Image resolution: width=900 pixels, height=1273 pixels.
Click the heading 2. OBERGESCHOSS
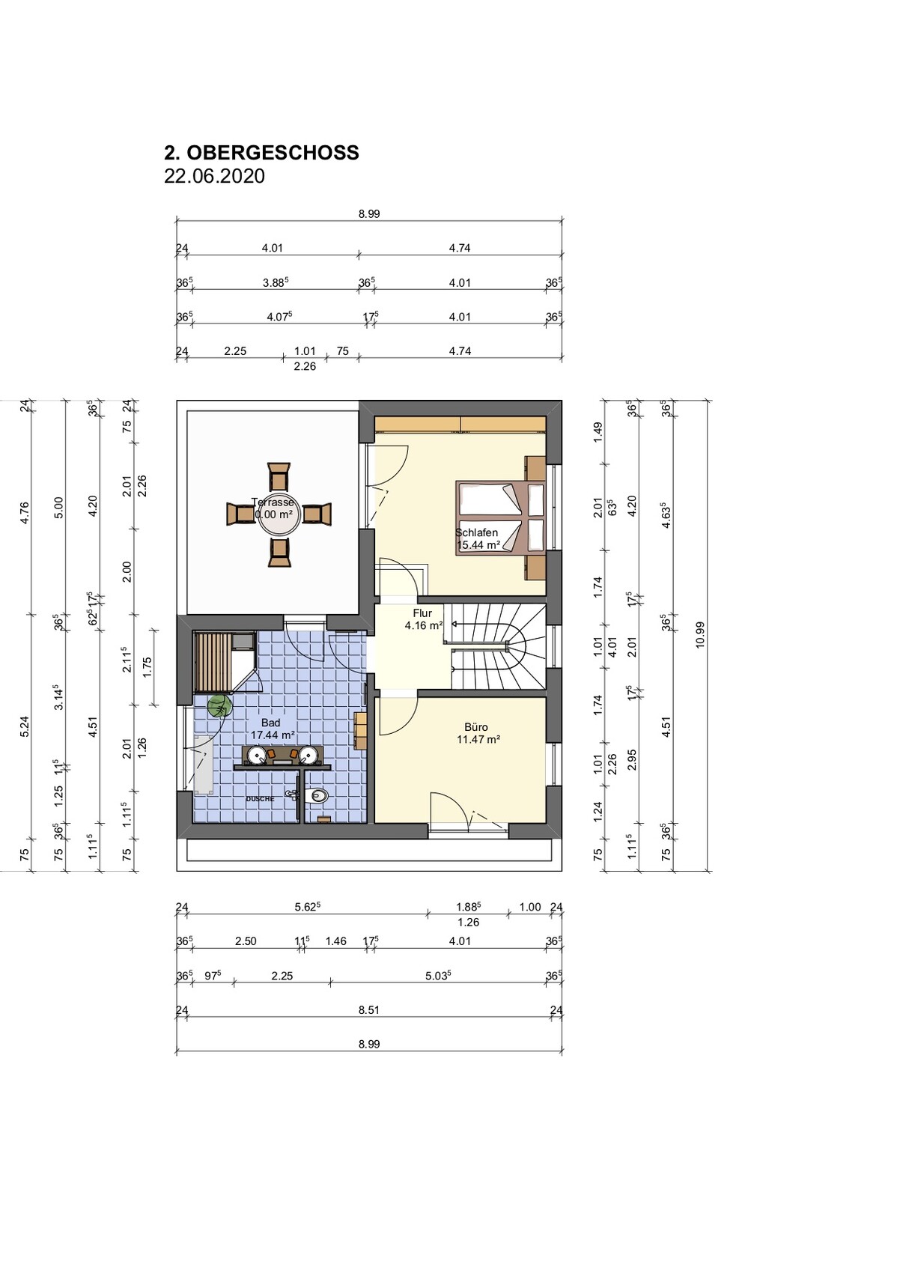point(261,152)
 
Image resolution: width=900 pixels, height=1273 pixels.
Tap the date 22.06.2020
point(214,176)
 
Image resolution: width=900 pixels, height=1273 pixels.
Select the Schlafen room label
point(477,532)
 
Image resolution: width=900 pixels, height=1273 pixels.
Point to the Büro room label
point(476,727)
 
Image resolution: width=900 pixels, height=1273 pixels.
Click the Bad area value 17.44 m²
point(273,735)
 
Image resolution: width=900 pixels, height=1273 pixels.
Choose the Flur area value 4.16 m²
point(423,626)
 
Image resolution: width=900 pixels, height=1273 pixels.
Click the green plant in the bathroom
point(220,706)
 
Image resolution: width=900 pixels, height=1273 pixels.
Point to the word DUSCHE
point(260,798)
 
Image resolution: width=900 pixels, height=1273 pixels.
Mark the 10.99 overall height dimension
point(699,635)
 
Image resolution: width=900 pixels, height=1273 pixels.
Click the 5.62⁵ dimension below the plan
point(308,907)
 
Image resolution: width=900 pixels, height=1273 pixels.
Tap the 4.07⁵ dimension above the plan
point(279,317)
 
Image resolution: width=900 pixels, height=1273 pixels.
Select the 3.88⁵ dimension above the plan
point(275,282)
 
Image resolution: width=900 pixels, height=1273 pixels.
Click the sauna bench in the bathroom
point(212,661)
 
